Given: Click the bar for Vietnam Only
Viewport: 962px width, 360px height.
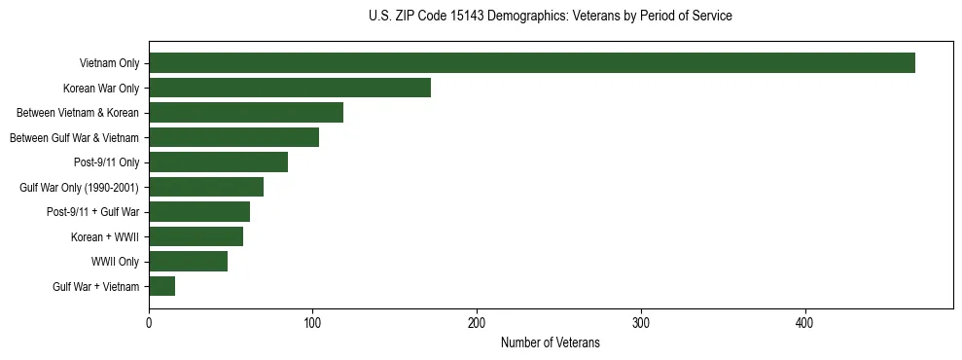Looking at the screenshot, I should pos(531,63).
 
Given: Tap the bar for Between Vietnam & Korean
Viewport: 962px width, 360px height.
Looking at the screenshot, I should pos(246,113).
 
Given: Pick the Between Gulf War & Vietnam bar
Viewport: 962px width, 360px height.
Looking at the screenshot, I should pos(233,137).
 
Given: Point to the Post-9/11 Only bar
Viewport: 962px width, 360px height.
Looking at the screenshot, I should pos(218,162).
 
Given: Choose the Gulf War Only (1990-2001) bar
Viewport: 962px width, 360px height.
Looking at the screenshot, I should pos(206,187).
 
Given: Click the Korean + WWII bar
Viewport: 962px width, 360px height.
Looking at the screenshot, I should pos(196,236).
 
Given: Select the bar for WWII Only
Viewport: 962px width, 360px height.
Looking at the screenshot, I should pos(188,261).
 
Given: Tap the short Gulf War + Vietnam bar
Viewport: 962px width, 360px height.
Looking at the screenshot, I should pos(161,286).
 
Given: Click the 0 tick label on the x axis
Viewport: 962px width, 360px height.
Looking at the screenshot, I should pos(149,323).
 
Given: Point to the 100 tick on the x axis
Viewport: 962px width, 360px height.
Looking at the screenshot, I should pos(313,323).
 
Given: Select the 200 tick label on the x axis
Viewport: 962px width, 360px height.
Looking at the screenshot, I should pos(477,323).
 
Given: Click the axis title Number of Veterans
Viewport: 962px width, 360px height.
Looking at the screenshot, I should pos(550,343).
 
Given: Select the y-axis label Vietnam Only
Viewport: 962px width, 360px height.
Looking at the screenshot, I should pos(109,64).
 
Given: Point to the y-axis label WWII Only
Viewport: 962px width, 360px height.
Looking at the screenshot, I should pos(115,262).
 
